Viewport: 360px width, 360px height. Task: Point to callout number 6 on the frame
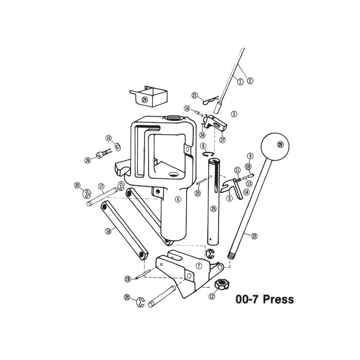(178, 200)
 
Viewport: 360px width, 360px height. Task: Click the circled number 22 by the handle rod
(254, 236)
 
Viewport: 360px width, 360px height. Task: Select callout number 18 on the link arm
(109, 231)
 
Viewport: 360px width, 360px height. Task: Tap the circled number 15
(109, 138)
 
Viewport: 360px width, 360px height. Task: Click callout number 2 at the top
(250, 80)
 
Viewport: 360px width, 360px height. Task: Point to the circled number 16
(187, 109)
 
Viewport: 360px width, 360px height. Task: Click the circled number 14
(246, 192)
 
